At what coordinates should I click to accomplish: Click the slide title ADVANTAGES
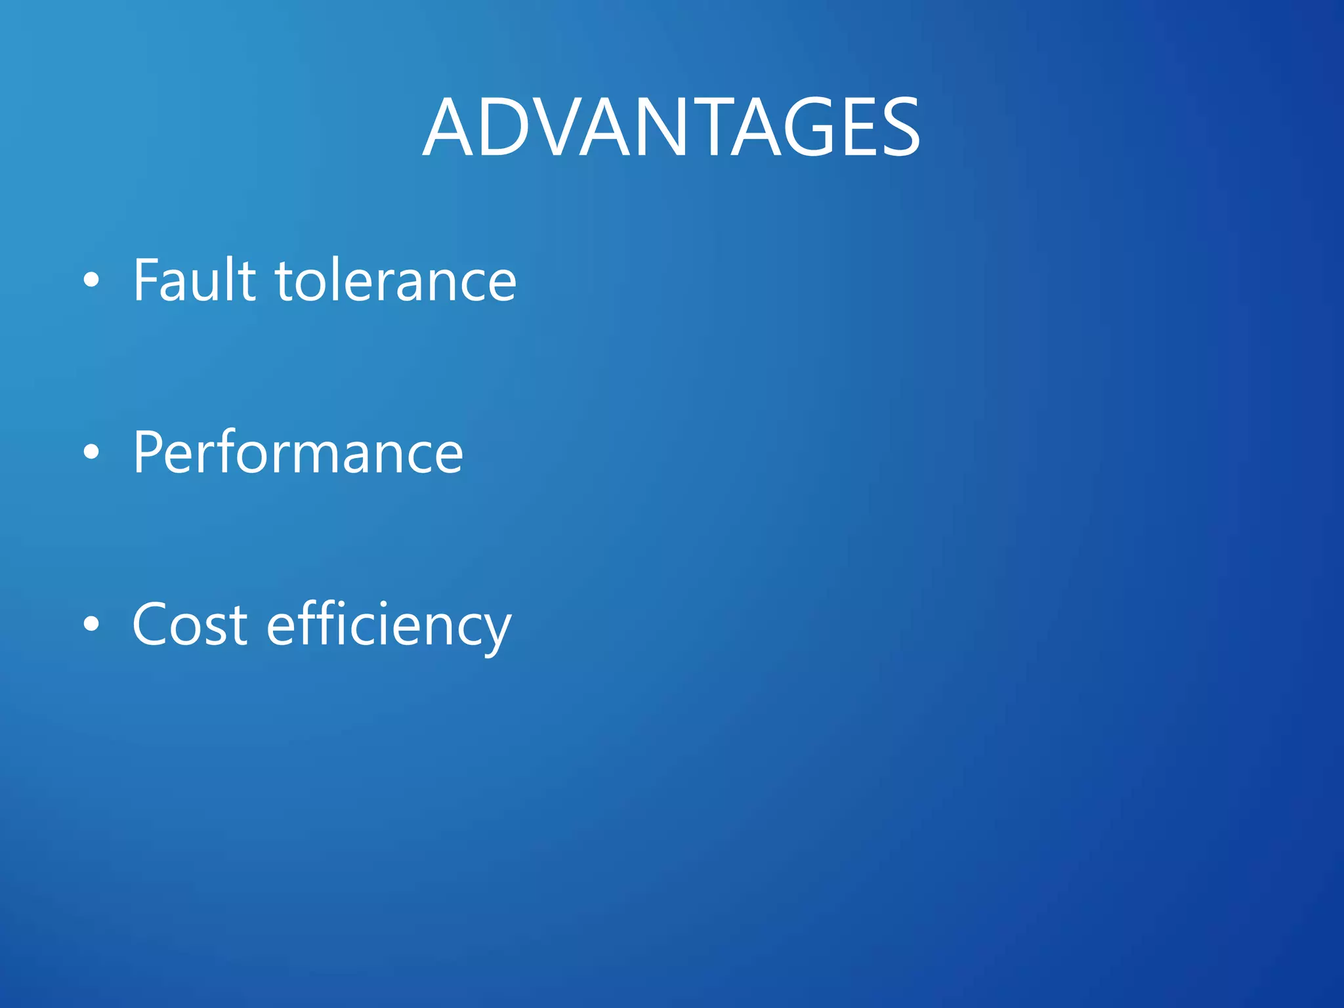click(x=671, y=127)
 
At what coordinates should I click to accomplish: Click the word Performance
click(x=298, y=453)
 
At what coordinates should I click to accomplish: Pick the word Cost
click(x=190, y=625)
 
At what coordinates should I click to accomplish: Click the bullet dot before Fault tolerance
click(x=92, y=280)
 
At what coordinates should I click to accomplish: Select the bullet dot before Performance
click(x=92, y=452)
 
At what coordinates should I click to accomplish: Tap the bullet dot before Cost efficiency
click(x=92, y=624)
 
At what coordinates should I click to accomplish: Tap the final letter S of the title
click(x=894, y=127)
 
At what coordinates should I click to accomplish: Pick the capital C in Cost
click(x=153, y=625)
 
